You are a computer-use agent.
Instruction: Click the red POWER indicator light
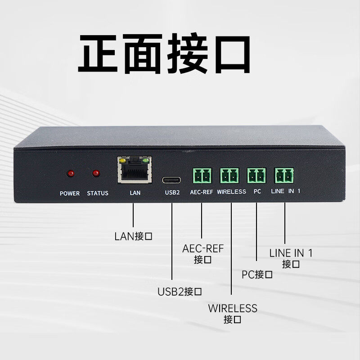pos(70,173)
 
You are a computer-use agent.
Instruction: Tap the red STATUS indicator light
pos(95,173)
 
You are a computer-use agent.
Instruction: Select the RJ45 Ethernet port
pos(134,170)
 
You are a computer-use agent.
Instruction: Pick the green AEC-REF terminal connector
pos(202,175)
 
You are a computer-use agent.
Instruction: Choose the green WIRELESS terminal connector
pos(229,175)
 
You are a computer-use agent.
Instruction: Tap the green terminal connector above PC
pos(256,175)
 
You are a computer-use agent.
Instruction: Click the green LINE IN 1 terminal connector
pos(284,175)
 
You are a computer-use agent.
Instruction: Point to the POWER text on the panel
pos(70,193)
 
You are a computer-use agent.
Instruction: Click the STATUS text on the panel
pos(98,193)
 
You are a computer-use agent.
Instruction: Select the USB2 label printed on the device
pos(172,192)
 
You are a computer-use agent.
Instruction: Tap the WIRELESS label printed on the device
pos(231,192)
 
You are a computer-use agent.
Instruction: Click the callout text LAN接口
pos(133,236)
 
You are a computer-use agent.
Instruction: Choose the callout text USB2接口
pos(179,292)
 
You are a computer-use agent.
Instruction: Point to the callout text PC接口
pos(257,274)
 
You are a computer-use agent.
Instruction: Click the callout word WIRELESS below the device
pos(233,309)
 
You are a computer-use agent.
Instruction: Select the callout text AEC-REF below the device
pos(203,249)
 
